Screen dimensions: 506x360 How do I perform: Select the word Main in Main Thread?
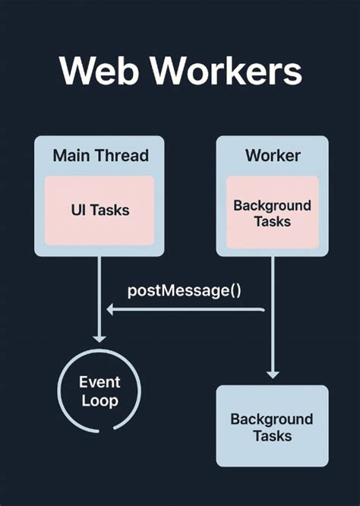click(73, 156)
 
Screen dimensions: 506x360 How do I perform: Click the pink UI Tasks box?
click(99, 210)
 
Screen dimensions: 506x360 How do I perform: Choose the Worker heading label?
click(273, 156)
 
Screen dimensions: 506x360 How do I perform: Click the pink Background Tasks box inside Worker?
click(273, 212)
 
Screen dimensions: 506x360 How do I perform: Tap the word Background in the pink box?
click(273, 205)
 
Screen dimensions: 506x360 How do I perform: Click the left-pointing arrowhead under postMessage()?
click(111, 309)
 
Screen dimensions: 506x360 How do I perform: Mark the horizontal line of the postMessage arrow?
click(190, 309)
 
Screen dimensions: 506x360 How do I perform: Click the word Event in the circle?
click(99, 382)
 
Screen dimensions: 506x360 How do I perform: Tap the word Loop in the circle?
click(99, 400)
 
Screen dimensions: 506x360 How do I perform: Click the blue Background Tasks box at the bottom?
click(273, 425)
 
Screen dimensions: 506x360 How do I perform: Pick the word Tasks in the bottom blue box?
click(273, 436)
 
